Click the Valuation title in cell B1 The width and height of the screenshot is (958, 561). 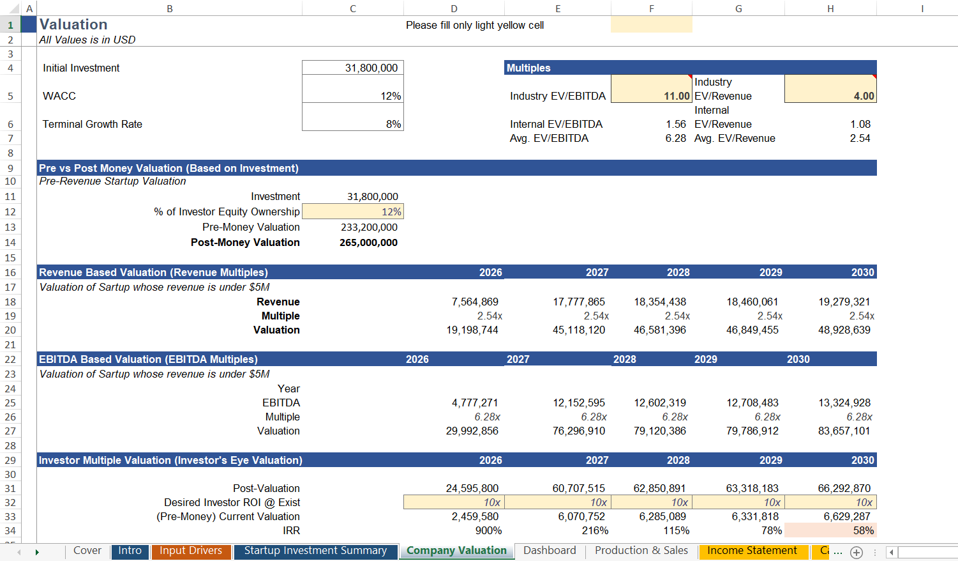click(73, 25)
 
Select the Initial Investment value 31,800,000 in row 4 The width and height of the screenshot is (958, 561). click(371, 68)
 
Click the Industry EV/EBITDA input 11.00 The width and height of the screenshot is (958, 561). click(677, 96)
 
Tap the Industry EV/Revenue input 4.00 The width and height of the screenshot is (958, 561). click(864, 96)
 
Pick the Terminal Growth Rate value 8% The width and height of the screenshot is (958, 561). click(393, 124)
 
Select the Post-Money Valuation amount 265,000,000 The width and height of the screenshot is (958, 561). click(368, 243)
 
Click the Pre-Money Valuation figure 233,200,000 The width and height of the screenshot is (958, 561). click(369, 227)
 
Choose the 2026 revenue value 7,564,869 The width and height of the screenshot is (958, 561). click(475, 302)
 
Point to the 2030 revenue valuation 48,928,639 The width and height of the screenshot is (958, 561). click(844, 330)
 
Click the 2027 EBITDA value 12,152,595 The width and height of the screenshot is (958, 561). click(578, 403)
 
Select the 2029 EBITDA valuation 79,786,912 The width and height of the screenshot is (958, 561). click(752, 431)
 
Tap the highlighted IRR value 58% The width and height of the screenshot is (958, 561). click(863, 530)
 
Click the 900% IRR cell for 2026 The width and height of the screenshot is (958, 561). click(488, 530)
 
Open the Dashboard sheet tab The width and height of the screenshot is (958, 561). click(550, 551)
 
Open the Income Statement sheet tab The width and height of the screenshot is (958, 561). click(752, 551)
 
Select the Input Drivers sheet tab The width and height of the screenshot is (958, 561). click(190, 551)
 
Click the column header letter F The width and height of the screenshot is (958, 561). click(651, 8)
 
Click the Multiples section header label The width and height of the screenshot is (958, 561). click(528, 68)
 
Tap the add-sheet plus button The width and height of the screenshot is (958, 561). click(857, 552)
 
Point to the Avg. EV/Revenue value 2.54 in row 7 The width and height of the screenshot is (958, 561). click(860, 138)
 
